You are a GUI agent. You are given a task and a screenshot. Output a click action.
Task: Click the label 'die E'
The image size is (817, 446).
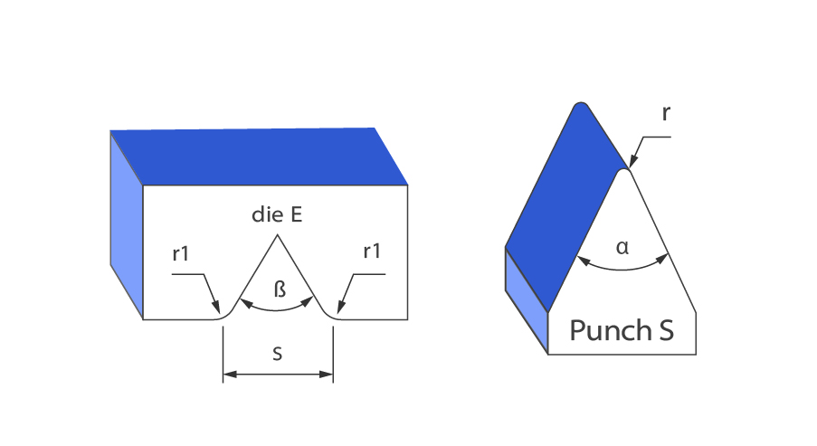[277, 216]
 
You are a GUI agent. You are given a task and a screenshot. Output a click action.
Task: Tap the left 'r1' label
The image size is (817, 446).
[181, 253]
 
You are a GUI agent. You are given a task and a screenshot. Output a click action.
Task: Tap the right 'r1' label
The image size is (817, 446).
[371, 252]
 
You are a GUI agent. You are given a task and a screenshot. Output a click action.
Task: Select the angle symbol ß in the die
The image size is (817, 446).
[280, 289]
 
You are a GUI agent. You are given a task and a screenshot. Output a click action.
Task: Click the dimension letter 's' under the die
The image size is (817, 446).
[277, 355]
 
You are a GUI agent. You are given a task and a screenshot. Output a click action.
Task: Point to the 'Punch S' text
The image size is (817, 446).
[622, 331]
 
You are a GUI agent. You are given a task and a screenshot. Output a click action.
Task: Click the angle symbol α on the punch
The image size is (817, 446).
[622, 245]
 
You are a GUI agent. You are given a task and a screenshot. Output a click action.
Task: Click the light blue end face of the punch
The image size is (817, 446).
[526, 299]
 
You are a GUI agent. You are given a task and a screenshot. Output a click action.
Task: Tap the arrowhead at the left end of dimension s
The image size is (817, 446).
[228, 373]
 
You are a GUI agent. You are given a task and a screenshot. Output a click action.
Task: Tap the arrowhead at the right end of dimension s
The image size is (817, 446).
[328, 373]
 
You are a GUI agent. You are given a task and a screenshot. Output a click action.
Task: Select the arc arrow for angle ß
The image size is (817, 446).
[277, 310]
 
